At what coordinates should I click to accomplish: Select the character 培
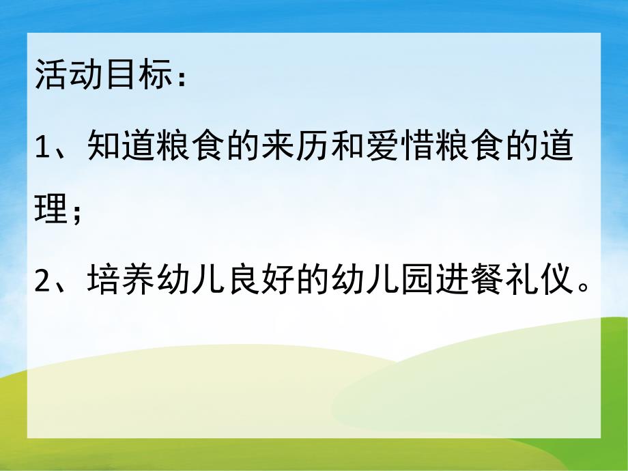104,280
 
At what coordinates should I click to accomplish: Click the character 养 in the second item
139,280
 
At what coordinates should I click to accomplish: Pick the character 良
244,280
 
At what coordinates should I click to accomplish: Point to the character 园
418,280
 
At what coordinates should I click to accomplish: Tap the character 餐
487,280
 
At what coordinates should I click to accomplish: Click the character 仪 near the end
557,280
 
